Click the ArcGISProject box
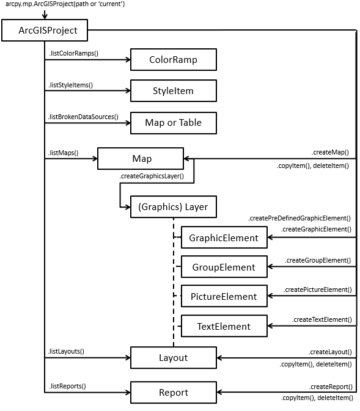point(44,30)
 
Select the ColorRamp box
point(173,60)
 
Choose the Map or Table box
point(173,123)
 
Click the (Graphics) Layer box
point(173,207)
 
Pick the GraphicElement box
point(224,238)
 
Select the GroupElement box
point(224,267)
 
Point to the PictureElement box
point(224,297)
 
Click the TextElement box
point(224,326)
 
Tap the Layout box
point(173,357)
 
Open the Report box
point(173,392)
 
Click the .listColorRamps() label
point(73,53)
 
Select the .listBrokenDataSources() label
point(83,116)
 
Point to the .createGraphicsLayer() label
point(152,176)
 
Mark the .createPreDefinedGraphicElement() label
point(299,218)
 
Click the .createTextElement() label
point(321,319)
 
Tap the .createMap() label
point(330,151)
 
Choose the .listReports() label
point(67,385)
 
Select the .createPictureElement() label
point(317,289)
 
